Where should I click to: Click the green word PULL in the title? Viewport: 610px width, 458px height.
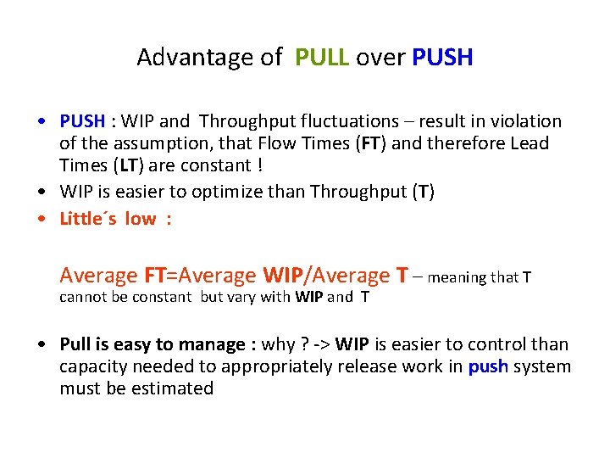pyautogui.click(x=322, y=58)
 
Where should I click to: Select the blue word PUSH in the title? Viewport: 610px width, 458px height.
pyautogui.click(x=442, y=58)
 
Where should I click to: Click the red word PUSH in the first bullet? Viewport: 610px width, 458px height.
pyautogui.click(x=82, y=121)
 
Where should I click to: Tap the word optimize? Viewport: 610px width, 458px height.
pyautogui.click(x=261, y=192)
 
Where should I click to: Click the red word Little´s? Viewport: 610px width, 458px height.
pyautogui.click(x=89, y=219)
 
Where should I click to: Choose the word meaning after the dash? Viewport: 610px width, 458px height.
pyautogui.click(x=457, y=277)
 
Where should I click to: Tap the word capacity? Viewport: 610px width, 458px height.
pyautogui.click(x=92, y=366)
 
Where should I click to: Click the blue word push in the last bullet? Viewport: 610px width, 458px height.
pyautogui.click(x=488, y=366)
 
